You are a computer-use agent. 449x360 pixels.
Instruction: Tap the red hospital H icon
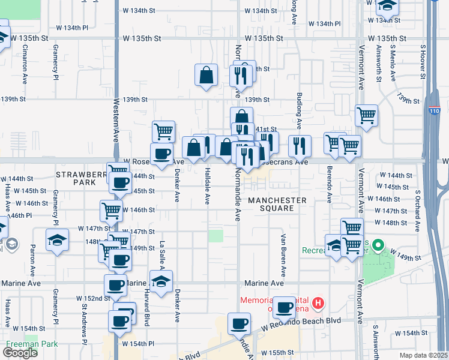318,304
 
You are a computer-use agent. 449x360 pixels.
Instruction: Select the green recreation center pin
378,245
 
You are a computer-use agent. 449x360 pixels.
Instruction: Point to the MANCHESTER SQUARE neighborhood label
277,204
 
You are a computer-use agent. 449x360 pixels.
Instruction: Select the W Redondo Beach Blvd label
301,322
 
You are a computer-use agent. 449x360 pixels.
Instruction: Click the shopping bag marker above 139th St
206,76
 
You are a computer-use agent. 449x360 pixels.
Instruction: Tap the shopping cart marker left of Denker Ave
163,131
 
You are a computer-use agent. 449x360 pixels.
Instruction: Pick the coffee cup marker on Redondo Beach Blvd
240,325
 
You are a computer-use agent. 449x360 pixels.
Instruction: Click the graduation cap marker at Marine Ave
161,281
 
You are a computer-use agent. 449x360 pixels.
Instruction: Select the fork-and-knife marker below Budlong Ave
299,145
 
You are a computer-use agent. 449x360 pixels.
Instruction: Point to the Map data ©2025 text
424,355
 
